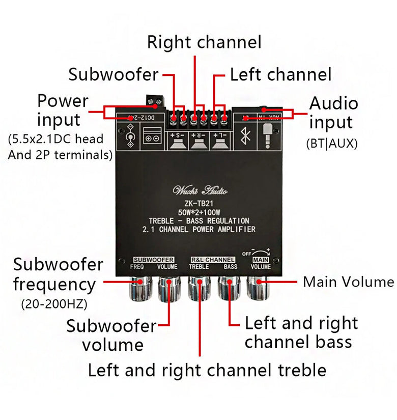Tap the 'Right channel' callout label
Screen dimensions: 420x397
(x=204, y=42)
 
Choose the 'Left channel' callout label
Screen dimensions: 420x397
(x=280, y=75)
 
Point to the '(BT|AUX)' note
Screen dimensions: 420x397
(x=331, y=144)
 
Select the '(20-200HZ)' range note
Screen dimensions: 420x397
(x=54, y=304)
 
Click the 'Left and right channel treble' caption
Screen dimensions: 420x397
(x=207, y=370)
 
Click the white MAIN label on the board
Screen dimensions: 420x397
(x=260, y=259)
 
